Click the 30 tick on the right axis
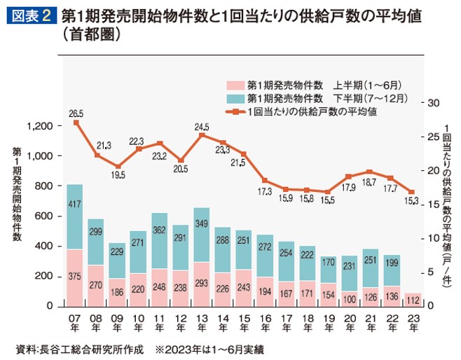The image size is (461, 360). (x=432, y=103)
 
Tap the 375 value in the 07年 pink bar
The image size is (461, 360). (x=75, y=277)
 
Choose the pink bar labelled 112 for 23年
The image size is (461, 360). (x=413, y=299)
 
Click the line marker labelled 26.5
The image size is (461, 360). (x=75, y=123)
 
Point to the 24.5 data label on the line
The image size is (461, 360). (x=202, y=127)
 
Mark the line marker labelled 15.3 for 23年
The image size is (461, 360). (x=413, y=193)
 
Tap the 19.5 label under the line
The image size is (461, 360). (x=118, y=175)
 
